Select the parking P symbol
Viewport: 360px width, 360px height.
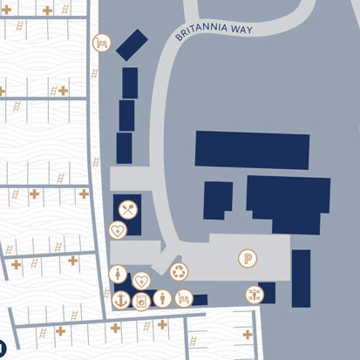point(248,258)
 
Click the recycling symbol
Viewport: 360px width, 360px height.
point(179,272)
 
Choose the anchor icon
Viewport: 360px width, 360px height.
point(120,299)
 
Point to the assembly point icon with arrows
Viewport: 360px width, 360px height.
point(255,295)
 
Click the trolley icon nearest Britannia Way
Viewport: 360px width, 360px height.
point(102,42)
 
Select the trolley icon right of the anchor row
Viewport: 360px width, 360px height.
point(183,298)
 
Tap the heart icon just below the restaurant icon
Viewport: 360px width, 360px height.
point(117,230)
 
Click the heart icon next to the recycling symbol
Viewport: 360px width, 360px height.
point(141,280)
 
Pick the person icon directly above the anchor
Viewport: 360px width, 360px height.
point(119,274)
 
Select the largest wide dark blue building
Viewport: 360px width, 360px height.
point(252,148)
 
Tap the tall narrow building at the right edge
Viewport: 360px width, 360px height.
point(301,278)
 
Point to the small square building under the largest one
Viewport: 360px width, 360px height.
point(218,200)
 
